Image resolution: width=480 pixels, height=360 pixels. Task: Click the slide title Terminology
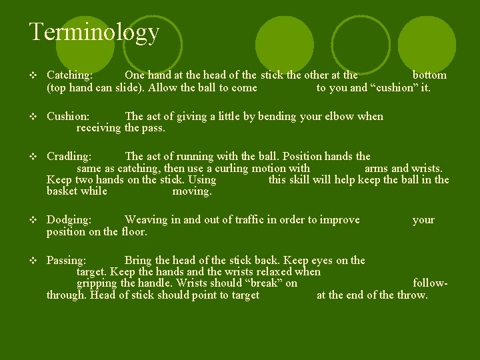[94, 31]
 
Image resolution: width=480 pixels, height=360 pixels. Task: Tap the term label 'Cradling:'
[69, 157]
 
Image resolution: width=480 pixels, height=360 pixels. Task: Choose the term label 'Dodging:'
[69, 220]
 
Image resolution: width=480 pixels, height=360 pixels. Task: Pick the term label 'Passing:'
[66, 261]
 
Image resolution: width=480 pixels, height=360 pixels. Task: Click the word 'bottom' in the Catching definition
[429, 75]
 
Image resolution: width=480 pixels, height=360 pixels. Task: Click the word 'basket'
[62, 192]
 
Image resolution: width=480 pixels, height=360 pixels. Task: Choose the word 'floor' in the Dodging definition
[134, 232]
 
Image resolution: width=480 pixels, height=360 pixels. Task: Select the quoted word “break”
[265, 283]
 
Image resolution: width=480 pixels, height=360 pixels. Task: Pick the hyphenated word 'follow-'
[431, 283]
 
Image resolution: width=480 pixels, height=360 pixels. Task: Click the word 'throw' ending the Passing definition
[411, 295]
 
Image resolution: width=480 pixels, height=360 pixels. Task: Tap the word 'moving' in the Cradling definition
[191, 192]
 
